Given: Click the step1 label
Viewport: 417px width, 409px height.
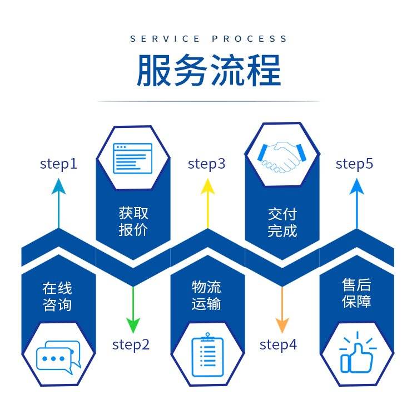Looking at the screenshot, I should tap(58, 164).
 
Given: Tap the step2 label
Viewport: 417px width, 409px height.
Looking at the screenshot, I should tap(131, 344).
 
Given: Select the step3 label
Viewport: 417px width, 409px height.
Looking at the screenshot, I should tap(207, 164).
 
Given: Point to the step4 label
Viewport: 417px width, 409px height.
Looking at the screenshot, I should tap(278, 344).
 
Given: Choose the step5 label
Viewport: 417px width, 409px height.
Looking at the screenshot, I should tap(355, 164).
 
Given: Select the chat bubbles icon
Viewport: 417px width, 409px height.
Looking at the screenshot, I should tap(58, 357).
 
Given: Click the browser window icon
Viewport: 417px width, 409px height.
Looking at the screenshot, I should tap(133, 157).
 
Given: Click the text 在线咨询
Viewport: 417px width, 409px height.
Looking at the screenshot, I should tap(57, 296).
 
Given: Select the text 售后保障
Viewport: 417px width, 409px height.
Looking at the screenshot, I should tap(356, 293).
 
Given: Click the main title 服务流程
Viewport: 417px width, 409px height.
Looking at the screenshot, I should tap(209, 71).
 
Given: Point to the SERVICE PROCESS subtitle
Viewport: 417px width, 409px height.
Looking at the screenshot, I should tap(209, 39).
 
